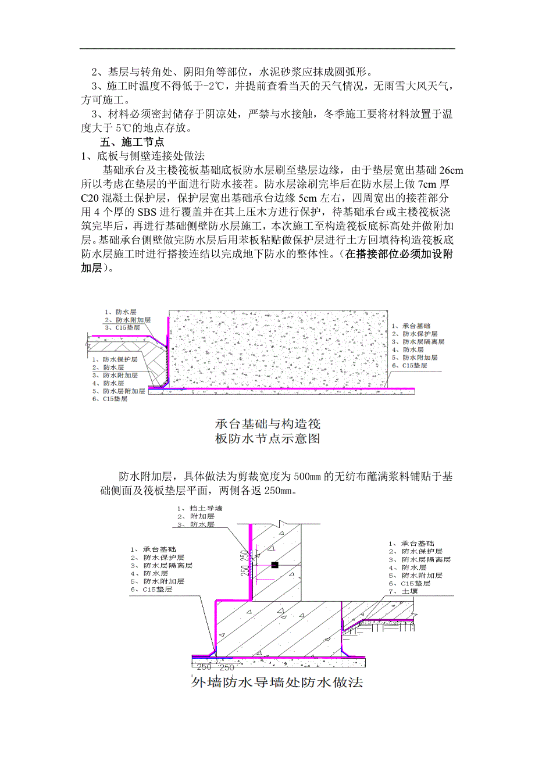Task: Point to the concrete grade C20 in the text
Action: pyautogui.click(x=90, y=197)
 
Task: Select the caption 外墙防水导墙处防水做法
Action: pyautogui.click(x=277, y=683)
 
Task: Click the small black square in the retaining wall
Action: pyautogui.click(x=275, y=565)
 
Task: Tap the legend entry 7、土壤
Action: pyautogui.click(x=401, y=591)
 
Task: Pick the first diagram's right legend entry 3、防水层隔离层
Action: pyautogui.click(x=415, y=342)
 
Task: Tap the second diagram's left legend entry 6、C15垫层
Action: pyautogui.click(x=152, y=589)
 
